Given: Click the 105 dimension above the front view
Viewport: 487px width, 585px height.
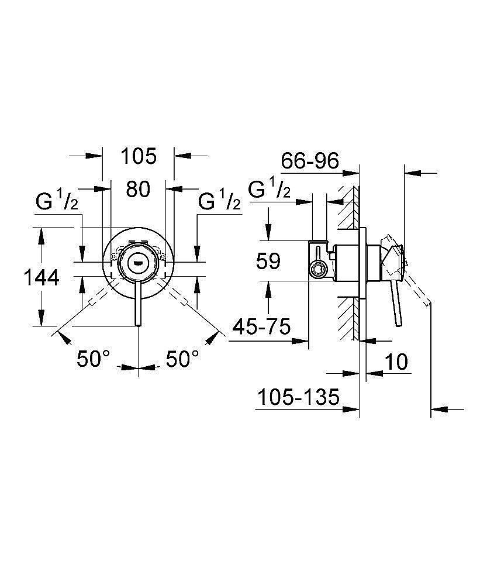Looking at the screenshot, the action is [x=139, y=156].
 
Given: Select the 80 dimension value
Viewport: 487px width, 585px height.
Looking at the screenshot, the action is [x=138, y=189].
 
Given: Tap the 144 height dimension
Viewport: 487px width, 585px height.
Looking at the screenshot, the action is [x=42, y=277].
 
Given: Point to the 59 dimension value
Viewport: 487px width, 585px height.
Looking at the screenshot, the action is [x=268, y=261].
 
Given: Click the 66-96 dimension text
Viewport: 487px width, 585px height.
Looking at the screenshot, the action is [x=310, y=160].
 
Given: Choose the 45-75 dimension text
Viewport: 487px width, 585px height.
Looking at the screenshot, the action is [x=261, y=327].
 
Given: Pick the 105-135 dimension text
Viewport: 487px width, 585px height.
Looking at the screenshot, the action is [x=298, y=397].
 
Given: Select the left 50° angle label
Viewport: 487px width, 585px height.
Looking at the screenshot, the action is [x=93, y=359].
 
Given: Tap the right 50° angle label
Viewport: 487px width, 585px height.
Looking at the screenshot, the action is [x=182, y=359].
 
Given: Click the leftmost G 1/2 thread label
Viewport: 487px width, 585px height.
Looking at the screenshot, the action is [x=57, y=201].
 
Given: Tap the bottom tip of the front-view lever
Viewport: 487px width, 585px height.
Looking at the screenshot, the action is [x=138, y=326].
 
